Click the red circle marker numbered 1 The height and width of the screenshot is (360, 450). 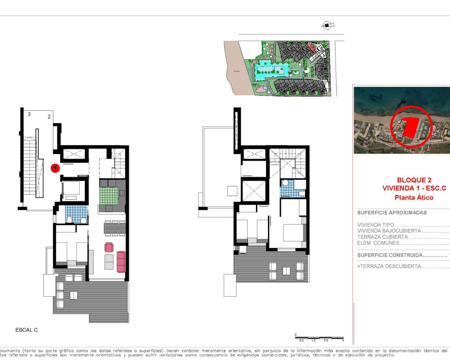[55, 168]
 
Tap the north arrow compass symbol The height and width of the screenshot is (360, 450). [327, 25]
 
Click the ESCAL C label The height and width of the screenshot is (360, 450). [26, 330]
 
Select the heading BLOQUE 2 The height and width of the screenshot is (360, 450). [414, 180]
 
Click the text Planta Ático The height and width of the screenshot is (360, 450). [414, 198]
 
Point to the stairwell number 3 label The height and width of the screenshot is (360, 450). [29, 114]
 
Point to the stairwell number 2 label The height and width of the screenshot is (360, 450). [49, 116]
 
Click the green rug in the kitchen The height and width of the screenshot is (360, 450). [109, 196]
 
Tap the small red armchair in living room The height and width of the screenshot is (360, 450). [109, 247]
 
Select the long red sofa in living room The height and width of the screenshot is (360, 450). [121, 262]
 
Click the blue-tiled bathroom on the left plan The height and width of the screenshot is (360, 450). [76, 214]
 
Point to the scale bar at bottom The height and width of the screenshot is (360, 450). [319, 338]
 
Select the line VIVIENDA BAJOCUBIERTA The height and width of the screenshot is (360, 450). [389, 231]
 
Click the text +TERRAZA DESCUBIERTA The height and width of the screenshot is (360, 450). [389, 266]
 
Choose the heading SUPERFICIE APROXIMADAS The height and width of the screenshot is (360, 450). [392, 213]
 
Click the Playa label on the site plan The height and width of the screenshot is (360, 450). [237, 71]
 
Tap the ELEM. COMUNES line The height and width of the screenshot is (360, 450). [378, 243]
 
